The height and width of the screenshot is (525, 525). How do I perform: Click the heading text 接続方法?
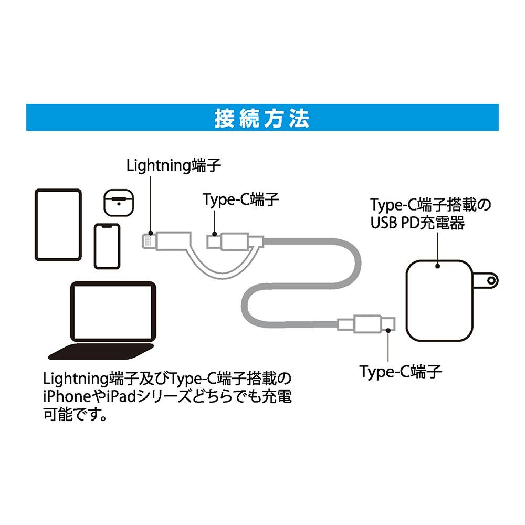point(262,118)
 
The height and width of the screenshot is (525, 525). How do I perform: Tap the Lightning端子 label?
point(174,166)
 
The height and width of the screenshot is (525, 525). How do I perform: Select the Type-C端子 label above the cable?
point(241,199)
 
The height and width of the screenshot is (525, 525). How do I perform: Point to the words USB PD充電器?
point(418,223)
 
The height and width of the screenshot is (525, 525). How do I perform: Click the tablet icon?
point(58,225)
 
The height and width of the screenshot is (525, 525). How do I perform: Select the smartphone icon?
point(108,246)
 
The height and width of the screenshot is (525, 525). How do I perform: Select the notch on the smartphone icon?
point(108,226)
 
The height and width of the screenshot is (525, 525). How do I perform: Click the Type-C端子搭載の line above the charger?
point(430,204)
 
